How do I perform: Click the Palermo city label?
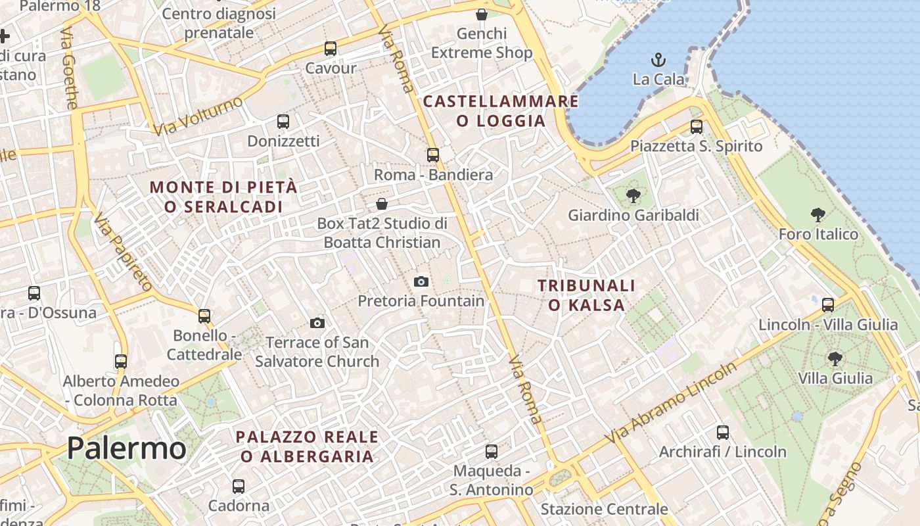click(x=126, y=448)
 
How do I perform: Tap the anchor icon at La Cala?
click(x=658, y=60)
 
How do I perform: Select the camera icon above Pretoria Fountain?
click(x=421, y=281)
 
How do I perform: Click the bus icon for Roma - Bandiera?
click(x=433, y=155)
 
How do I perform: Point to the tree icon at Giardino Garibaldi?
click(x=633, y=195)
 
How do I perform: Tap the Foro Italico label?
click(x=818, y=234)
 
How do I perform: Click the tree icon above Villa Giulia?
click(x=835, y=358)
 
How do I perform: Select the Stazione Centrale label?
click(x=604, y=509)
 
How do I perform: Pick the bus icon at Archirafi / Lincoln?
click(x=723, y=432)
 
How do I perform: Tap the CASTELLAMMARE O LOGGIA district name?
click(x=501, y=111)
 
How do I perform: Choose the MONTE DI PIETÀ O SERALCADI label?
click(x=223, y=197)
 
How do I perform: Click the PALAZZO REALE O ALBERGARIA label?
click(x=307, y=446)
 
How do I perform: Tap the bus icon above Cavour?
click(x=331, y=49)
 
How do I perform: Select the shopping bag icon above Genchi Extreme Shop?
click(x=482, y=14)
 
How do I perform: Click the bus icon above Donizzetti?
click(x=283, y=122)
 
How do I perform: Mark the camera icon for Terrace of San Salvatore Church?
click(x=317, y=323)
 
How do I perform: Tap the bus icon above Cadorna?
click(x=239, y=487)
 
